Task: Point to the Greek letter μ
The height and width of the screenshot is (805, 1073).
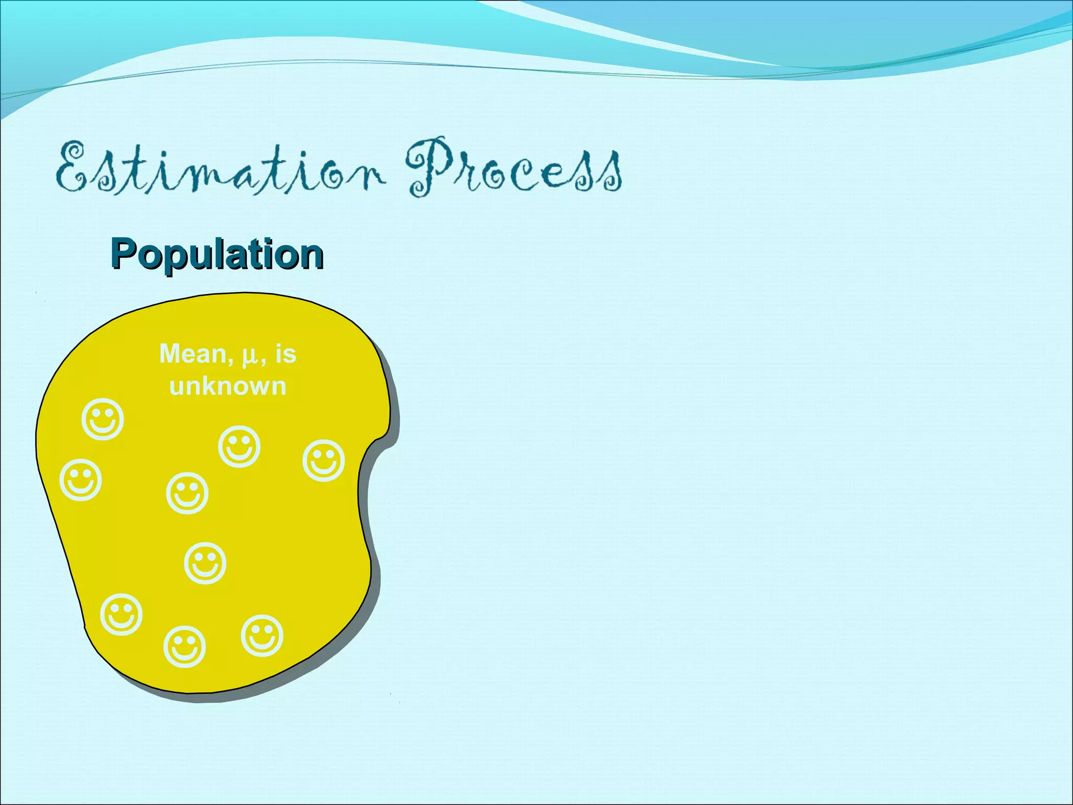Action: (249, 356)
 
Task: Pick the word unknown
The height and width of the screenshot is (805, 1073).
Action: (228, 387)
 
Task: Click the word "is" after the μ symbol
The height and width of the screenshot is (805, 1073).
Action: (286, 354)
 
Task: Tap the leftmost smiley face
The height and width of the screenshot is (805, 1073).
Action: (81, 480)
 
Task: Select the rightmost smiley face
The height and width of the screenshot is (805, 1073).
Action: (324, 461)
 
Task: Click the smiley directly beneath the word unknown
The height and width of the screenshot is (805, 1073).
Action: (239, 447)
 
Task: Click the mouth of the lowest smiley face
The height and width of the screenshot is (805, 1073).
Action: (184, 655)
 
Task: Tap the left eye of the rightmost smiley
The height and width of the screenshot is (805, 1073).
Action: (317, 455)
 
